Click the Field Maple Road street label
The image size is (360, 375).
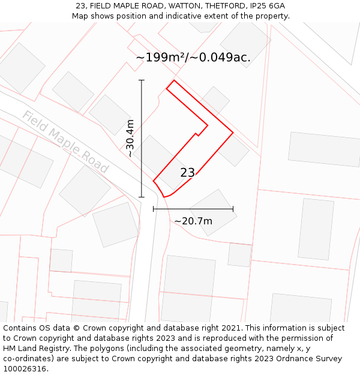point(65,142)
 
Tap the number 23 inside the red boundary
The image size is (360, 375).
point(187,173)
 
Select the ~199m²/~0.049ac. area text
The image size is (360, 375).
point(193,58)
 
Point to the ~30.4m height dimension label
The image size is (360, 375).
point(130,138)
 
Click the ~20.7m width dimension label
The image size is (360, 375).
point(193,221)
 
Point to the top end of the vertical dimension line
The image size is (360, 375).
point(142,80)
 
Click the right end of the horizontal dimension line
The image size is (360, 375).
point(233,209)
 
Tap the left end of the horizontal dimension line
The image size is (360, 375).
point(154,209)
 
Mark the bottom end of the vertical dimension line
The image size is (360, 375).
point(142,197)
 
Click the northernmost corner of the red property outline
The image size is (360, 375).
point(174,80)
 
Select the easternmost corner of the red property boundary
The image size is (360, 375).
point(233,132)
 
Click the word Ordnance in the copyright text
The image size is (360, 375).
point(290,359)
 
